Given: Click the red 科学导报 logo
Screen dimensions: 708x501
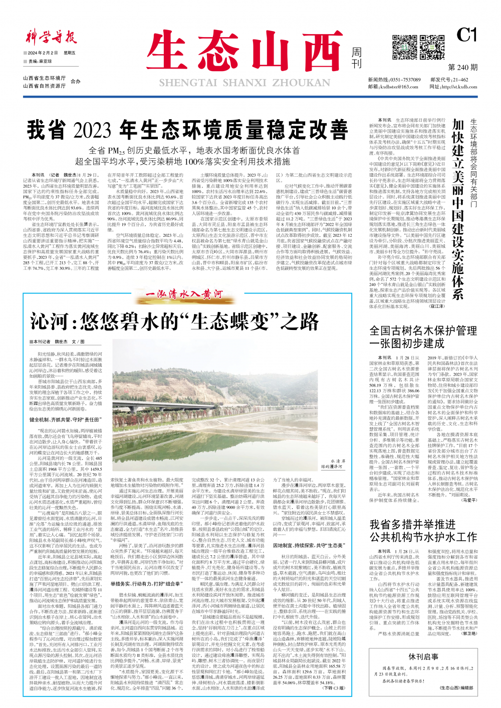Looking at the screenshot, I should coord(50,38).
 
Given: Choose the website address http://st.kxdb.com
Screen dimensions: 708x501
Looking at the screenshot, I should coord(459,87).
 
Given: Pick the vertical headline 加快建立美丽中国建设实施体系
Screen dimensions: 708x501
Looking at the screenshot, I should coord(457,209).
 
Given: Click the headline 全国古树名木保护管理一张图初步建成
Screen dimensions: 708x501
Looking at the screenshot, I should coord(423,336).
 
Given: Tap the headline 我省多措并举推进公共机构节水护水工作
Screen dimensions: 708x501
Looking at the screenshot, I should coord(423,530).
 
